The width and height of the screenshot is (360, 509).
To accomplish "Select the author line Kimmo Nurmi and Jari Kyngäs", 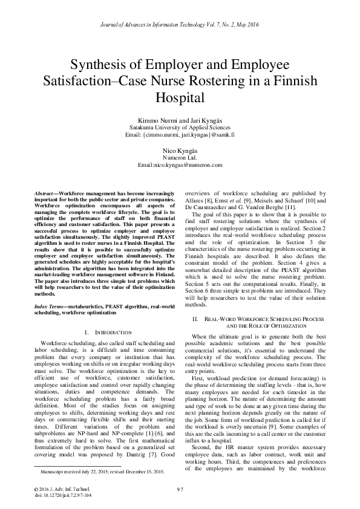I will [x=180, y=120].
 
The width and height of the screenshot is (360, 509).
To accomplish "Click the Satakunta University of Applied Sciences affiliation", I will [x=180, y=128].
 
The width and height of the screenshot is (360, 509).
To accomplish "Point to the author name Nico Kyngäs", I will [x=180, y=149].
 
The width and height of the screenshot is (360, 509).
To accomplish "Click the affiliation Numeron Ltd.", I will [x=180, y=157].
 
